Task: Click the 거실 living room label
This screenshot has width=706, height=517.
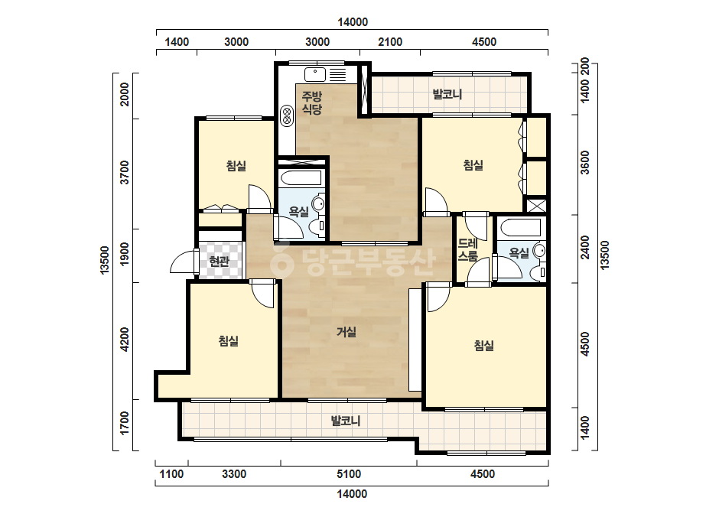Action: point(346,332)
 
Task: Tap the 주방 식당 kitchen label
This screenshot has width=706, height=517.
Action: point(311,102)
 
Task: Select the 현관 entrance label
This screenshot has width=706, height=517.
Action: point(220,262)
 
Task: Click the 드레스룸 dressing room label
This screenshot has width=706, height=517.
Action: point(467,250)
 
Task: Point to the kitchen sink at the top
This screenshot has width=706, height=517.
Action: point(315,74)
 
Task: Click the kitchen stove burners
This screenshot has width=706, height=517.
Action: point(286,115)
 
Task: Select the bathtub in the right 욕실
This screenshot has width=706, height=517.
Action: point(519,227)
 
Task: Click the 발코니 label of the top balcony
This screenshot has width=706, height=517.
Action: point(447,94)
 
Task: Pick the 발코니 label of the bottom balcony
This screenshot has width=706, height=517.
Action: point(346,421)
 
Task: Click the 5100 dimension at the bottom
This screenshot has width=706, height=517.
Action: point(349,473)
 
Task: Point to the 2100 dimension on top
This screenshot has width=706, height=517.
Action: point(390,42)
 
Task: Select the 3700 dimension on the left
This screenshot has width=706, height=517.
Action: point(125,173)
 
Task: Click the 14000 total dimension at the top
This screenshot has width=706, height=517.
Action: point(353,22)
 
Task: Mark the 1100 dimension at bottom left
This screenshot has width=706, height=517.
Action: point(171,473)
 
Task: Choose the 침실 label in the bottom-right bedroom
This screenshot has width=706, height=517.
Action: point(484,346)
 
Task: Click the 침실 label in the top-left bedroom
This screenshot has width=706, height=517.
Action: point(236,166)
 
